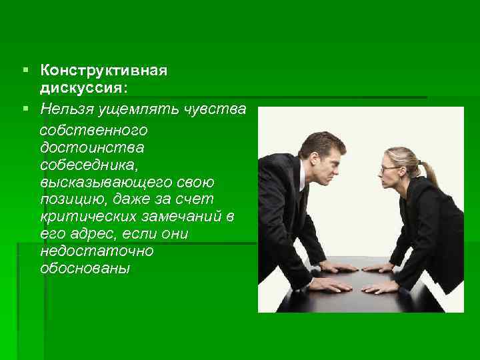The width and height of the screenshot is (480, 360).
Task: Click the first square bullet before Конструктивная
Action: point(25,70)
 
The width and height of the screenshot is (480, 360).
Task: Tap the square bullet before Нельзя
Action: point(25,107)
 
